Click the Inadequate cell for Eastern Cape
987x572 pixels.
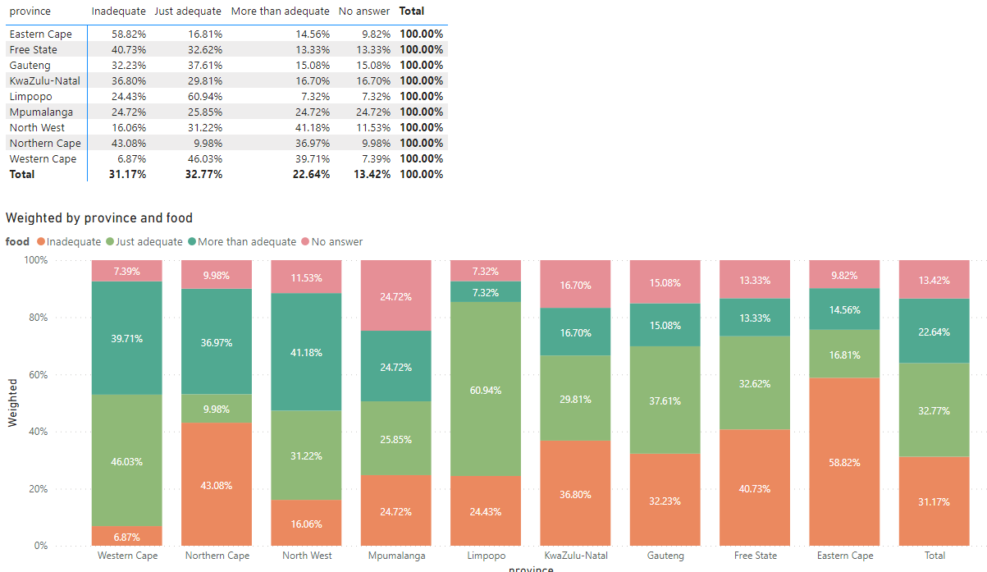pyautogui.click(x=129, y=34)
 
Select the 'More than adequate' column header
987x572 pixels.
pyautogui.click(x=281, y=11)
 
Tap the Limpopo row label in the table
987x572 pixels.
pyautogui.click(x=31, y=97)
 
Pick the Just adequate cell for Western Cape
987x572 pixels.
pyautogui.click(x=205, y=158)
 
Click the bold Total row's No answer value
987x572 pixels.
pyautogui.click(x=372, y=174)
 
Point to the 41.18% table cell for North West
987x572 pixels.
pyautogui.click(x=313, y=127)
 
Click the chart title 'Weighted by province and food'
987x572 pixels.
pyautogui.click(x=99, y=217)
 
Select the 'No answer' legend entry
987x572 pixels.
pyautogui.click(x=332, y=241)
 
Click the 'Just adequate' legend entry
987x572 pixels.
pyautogui.click(x=144, y=241)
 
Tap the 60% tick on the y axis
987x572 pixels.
pyautogui.click(x=39, y=374)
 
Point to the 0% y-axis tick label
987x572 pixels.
pyautogui.click(x=40, y=546)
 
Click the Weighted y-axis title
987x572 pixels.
pyautogui.click(x=12, y=403)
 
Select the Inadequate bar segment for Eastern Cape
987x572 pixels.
pyautogui.click(x=844, y=462)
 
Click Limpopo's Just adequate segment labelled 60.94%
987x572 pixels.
pyautogui.click(x=486, y=389)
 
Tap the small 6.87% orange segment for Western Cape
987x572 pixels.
pyautogui.click(x=127, y=536)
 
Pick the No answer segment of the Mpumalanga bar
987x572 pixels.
pyautogui.click(x=396, y=295)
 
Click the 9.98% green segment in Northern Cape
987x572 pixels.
pyautogui.click(x=217, y=409)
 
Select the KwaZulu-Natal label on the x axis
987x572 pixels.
pyautogui.click(x=576, y=556)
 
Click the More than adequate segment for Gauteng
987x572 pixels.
pyautogui.click(x=665, y=325)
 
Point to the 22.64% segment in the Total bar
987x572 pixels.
pyautogui.click(x=934, y=331)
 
